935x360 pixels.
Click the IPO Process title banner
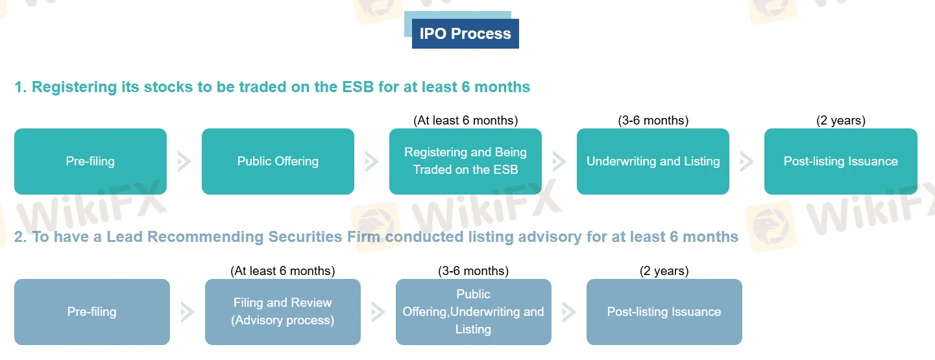465,34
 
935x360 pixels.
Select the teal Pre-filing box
90,162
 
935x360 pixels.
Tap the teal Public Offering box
278,162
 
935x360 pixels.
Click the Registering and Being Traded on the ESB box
465,162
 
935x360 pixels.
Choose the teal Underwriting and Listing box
653,162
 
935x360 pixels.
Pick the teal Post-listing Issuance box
840,162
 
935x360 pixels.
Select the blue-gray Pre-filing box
91,312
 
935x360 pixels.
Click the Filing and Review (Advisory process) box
282,312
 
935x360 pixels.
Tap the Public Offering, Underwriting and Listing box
473,312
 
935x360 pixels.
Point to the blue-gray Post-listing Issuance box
664,312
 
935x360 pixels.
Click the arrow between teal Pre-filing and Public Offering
184,162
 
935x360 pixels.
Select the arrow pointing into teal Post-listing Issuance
747,162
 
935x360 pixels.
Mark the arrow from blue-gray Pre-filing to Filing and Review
188,312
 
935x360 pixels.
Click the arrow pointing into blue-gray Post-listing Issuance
569,312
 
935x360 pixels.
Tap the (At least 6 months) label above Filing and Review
282,270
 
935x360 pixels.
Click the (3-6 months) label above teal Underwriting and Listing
653,120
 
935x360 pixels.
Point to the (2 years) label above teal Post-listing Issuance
840,120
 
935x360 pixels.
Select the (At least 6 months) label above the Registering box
465,120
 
